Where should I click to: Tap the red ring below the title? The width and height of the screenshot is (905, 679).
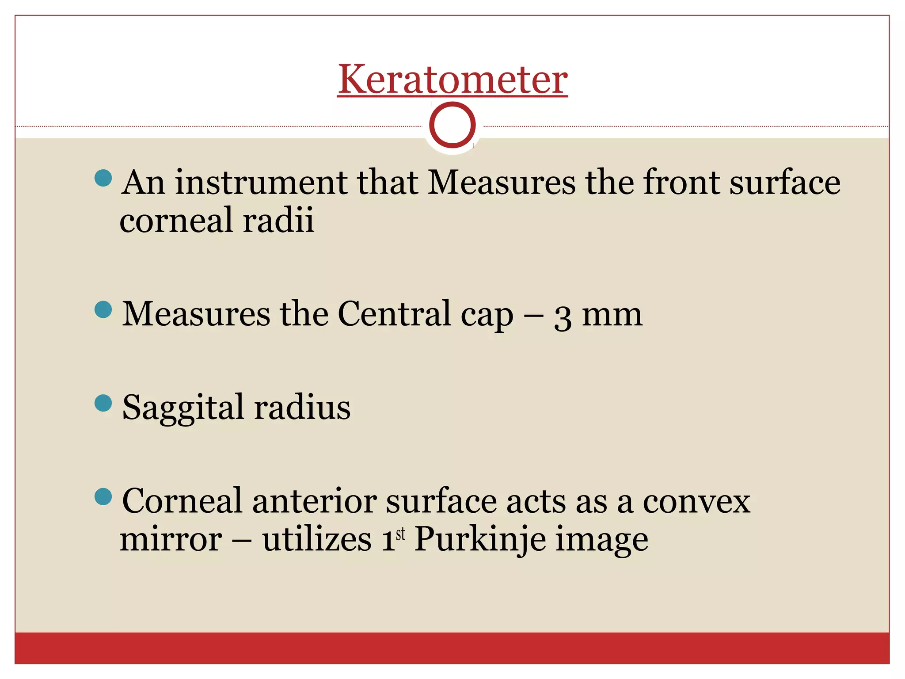click(x=452, y=125)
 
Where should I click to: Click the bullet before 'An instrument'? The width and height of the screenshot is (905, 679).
click(x=103, y=178)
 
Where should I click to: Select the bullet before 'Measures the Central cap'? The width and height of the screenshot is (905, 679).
click(x=103, y=309)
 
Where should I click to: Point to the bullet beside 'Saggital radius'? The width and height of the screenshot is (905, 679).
click(x=103, y=403)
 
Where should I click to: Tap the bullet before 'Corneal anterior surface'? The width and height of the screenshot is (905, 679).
click(x=103, y=496)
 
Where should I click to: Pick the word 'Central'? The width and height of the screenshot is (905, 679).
click(x=394, y=314)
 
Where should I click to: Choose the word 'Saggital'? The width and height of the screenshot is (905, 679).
click(x=183, y=408)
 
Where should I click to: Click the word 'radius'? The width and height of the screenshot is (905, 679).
click(x=302, y=408)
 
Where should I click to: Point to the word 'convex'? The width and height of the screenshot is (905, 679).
click(x=696, y=501)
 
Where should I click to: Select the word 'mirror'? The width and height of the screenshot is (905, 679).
click(x=171, y=540)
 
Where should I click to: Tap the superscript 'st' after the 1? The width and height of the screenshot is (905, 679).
click(x=400, y=534)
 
